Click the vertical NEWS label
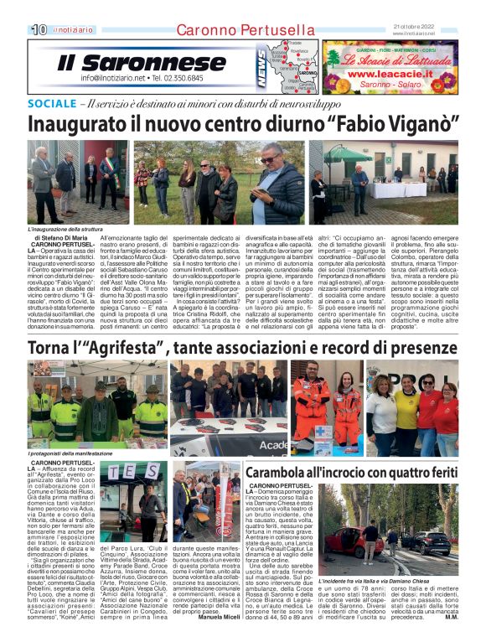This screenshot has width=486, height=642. pyautogui.click(x=261, y=69)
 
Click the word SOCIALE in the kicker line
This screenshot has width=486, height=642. pyautogui.click(x=51, y=104)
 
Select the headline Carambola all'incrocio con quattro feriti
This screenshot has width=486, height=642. pyautogui.click(x=351, y=471)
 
